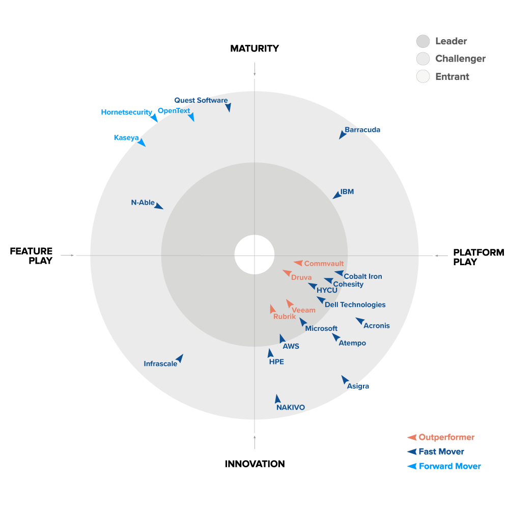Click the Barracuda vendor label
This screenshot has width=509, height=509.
[x=362, y=130]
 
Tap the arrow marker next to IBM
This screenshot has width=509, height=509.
[x=337, y=195]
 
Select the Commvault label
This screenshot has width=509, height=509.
[x=324, y=264]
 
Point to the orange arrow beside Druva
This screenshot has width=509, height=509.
[x=287, y=273]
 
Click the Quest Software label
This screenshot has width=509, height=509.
[x=201, y=100]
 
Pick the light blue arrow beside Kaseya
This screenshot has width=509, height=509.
[x=142, y=143]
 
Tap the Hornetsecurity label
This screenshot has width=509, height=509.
[x=126, y=112]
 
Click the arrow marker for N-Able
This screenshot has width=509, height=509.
[x=158, y=206]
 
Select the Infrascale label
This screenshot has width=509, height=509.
[x=160, y=363]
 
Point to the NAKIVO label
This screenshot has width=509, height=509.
[x=291, y=407]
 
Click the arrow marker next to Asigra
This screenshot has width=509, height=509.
[x=345, y=380]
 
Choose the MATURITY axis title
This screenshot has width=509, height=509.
[x=254, y=48]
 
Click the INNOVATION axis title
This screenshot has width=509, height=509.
[x=255, y=464]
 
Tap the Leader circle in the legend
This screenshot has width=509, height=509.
[x=423, y=41]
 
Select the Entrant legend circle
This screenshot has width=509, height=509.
[x=423, y=76]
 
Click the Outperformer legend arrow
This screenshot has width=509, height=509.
[x=412, y=438]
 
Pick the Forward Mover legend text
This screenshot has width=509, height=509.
[x=450, y=466]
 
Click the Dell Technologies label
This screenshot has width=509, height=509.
[x=355, y=305]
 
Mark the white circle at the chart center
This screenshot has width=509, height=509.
[x=254, y=254]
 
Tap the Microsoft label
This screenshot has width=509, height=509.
[x=321, y=328]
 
